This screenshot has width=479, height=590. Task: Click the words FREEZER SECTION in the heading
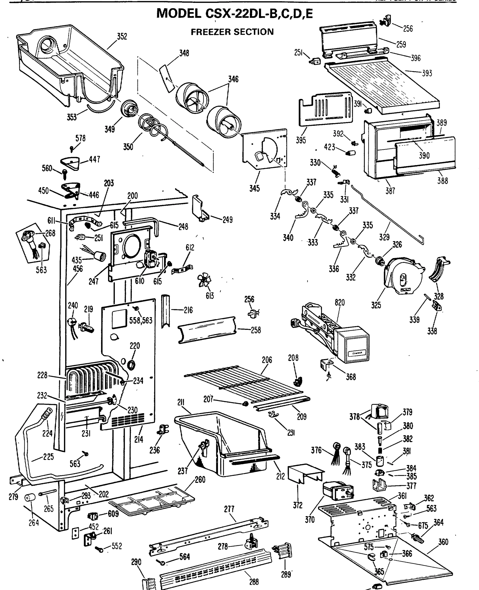[x=232, y=32]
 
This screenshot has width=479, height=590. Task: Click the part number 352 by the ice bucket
[x=122, y=37]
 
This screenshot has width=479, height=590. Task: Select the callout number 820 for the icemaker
[x=340, y=303]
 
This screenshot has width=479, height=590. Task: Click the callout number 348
[x=184, y=53]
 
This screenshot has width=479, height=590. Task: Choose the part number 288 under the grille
[x=254, y=582]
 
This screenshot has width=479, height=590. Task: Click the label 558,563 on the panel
[x=141, y=320]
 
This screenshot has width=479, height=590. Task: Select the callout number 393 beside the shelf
[x=427, y=73]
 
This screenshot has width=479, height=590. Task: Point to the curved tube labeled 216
[x=166, y=310]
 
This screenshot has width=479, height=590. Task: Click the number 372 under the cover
[x=298, y=505]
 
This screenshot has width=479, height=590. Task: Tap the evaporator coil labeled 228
[x=91, y=379]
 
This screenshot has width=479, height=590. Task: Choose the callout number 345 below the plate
[x=254, y=188]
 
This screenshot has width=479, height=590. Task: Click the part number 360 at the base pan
[x=443, y=542]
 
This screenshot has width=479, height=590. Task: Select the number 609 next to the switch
[x=113, y=514]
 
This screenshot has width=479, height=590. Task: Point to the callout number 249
[x=227, y=220]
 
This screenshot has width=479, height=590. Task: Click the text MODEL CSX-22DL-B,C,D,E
[x=234, y=13]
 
